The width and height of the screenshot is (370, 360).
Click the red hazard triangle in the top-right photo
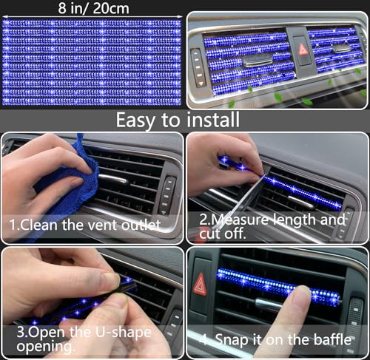point(302,50)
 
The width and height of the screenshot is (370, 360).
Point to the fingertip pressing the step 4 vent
point(299,299)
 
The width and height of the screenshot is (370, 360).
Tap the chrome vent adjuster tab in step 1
point(111,178)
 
